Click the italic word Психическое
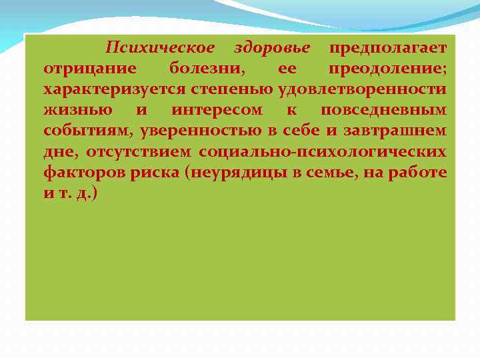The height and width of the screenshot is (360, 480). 160,48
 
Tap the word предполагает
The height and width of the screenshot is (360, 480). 388,48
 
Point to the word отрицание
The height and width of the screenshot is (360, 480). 90,69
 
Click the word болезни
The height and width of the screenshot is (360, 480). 207,69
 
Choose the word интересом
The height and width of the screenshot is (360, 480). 217,110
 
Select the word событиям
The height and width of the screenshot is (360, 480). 87,131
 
